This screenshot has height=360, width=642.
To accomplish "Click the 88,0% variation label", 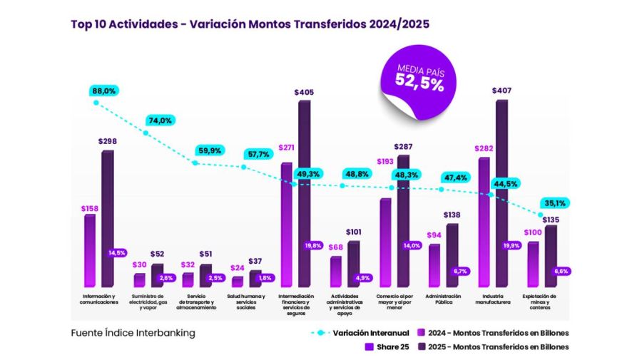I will [103, 91].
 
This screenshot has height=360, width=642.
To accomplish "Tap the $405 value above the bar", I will [304, 93].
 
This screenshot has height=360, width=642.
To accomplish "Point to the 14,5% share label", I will [117, 252].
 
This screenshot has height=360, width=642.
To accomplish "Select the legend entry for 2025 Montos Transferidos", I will [492, 347].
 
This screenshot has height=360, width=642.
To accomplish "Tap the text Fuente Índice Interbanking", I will [133, 333].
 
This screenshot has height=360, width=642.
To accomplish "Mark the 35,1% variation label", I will [554, 202].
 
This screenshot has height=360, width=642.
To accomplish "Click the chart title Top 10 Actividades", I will [250, 24].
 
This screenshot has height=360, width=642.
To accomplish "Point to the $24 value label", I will [238, 268].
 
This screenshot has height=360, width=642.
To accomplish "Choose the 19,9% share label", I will [511, 245].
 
